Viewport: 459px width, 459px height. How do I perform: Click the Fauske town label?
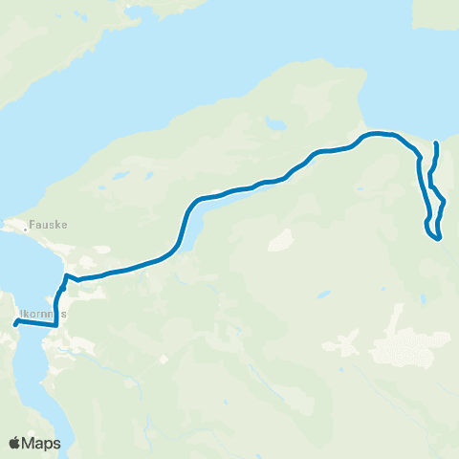coord(45,228)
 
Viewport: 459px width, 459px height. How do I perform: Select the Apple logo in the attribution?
coord(15,443)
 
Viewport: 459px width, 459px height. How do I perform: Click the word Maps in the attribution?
coord(42,443)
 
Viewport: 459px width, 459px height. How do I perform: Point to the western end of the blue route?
coord(15,324)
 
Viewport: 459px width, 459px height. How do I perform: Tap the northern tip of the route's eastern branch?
coord(436,143)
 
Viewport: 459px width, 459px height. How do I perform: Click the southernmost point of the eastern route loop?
coord(438,239)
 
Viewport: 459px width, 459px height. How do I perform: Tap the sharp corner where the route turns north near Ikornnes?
coord(55,326)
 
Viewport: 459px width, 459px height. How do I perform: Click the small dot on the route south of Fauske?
coord(62,286)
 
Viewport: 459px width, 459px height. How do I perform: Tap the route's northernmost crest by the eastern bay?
coord(376,133)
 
